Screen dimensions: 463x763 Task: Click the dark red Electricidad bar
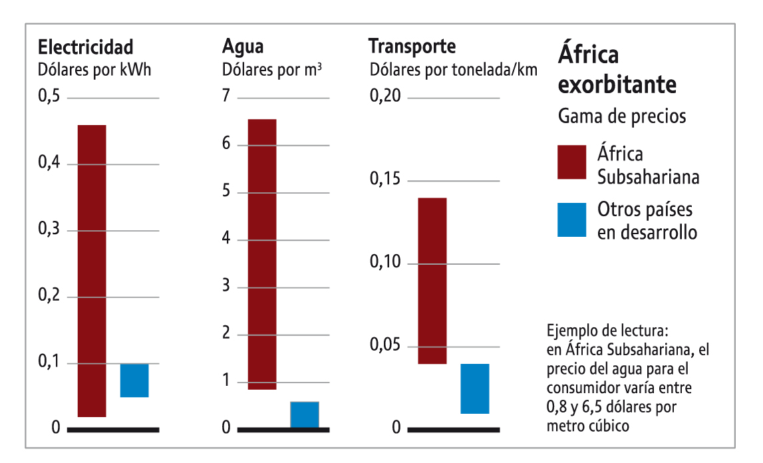click(x=92, y=271)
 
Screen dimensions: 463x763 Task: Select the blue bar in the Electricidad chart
click(x=134, y=381)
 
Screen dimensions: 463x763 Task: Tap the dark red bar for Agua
click(x=261, y=254)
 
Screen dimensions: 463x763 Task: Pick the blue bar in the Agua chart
click(x=305, y=415)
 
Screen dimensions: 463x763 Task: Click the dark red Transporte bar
click(x=432, y=281)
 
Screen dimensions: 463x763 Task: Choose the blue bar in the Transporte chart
click(x=475, y=388)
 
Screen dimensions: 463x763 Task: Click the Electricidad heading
click(x=86, y=48)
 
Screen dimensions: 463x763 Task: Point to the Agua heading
click(x=242, y=47)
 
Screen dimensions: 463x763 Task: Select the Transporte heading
click(x=412, y=47)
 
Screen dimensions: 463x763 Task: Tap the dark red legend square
click(x=571, y=162)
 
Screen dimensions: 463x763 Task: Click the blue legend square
click(x=571, y=220)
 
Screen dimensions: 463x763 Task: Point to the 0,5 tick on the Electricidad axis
click(x=49, y=97)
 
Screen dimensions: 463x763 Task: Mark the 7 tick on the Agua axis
click(x=226, y=96)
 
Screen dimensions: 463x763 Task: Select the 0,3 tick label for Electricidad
click(x=49, y=230)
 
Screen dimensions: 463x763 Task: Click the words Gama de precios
click(x=621, y=117)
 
